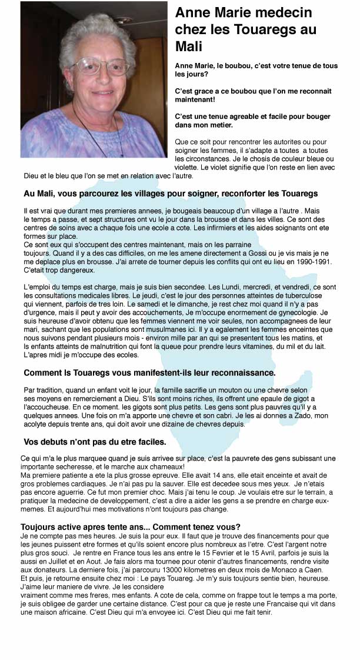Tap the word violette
point(187,167)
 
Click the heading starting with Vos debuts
point(95,441)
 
